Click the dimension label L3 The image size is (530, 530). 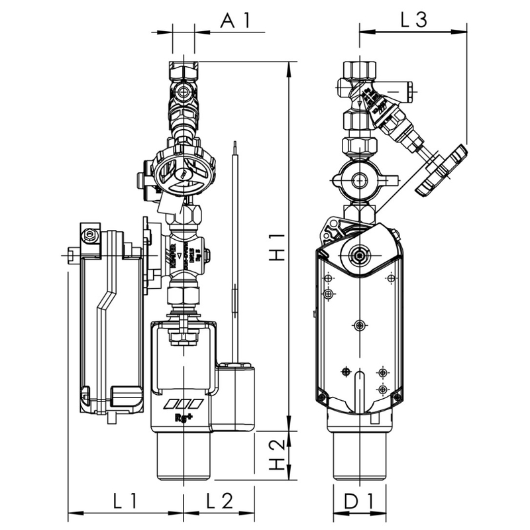413,20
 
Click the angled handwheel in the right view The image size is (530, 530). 441,170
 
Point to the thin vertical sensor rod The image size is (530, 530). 235,252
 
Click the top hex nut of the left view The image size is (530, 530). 184,70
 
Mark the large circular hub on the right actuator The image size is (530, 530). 358,253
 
